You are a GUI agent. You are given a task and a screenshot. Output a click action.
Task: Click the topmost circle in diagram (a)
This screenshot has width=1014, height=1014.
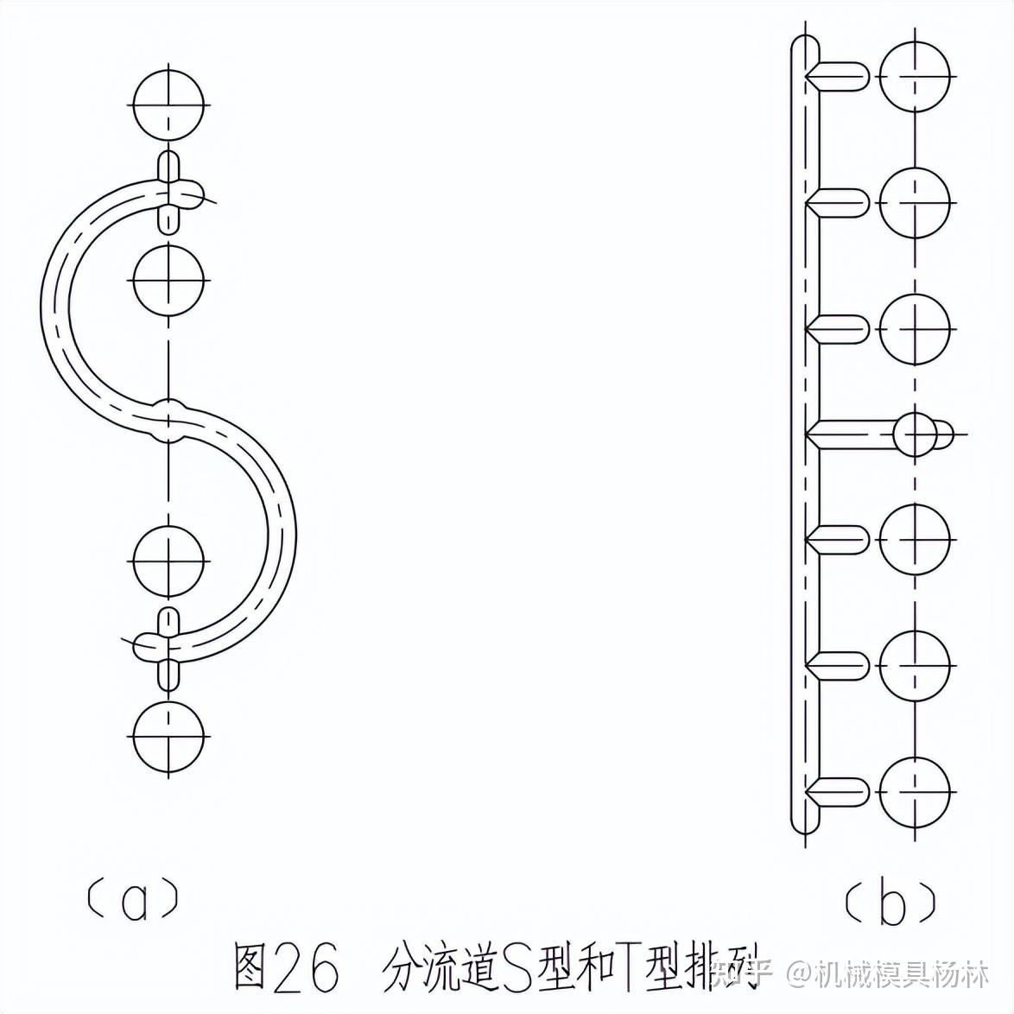pyautogui.click(x=169, y=105)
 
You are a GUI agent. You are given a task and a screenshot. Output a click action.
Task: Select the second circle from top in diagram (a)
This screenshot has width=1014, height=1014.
pyautogui.click(x=169, y=280)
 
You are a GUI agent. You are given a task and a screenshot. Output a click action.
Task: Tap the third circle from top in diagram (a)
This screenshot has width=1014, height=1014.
pyautogui.click(x=169, y=561)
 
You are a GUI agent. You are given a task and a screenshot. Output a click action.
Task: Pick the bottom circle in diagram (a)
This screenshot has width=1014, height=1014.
pyautogui.click(x=169, y=737)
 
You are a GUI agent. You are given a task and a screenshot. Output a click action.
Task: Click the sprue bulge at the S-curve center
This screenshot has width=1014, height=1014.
pyautogui.click(x=170, y=420)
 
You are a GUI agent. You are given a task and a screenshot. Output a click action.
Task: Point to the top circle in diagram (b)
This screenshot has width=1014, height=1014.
pyautogui.click(x=915, y=76)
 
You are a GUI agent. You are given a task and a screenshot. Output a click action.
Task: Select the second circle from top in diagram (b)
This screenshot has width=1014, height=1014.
pyautogui.click(x=915, y=203)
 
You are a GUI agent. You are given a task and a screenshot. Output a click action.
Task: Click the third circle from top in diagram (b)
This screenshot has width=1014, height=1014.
pyautogui.click(x=915, y=329)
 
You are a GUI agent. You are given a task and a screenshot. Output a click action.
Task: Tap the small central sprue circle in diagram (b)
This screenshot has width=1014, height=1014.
pyautogui.click(x=915, y=434)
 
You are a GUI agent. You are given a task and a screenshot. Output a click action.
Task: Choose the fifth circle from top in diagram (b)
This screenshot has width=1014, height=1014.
pyautogui.click(x=915, y=541)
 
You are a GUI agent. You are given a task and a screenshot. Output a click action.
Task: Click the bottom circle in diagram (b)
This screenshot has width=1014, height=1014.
pyautogui.click(x=915, y=793)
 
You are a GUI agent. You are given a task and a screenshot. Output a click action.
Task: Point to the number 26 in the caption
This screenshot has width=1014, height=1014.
pyautogui.click(x=306, y=966)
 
